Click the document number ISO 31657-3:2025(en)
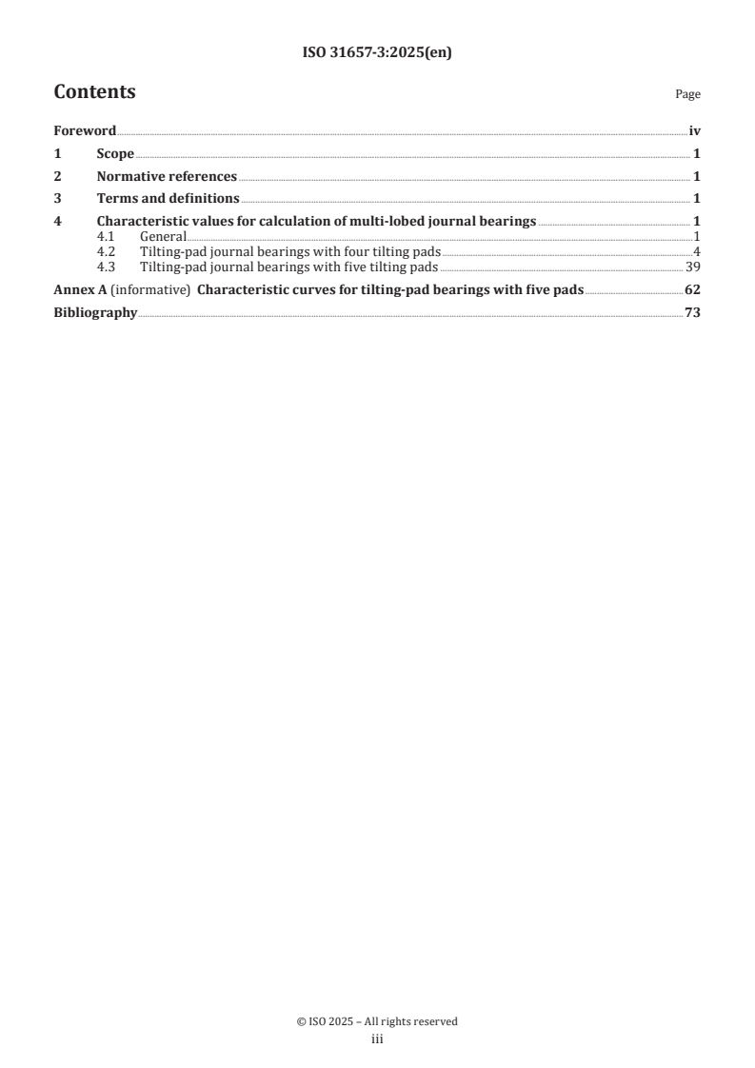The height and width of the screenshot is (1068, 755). tap(376, 53)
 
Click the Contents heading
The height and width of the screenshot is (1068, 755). tap(94, 92)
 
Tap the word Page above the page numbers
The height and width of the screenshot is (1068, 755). tap(687, 95)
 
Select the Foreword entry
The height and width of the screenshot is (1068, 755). tap(85, 131)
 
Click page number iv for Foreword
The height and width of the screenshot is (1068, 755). tap(695, 131)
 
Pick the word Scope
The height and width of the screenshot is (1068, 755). tap(115, 154)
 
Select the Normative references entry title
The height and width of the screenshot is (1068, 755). tap(167, 176)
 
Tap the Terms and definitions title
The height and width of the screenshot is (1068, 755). tap(168, 199)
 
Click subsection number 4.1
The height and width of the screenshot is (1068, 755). tap(107, 236)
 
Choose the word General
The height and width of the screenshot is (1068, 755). tap(163, 236)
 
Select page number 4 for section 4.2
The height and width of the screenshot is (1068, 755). tap(697, 251)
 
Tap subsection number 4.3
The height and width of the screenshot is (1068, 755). tap(107, 267)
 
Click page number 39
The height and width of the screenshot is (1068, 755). tap(693, 267)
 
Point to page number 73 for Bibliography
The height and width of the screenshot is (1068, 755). tap(692, 313)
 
